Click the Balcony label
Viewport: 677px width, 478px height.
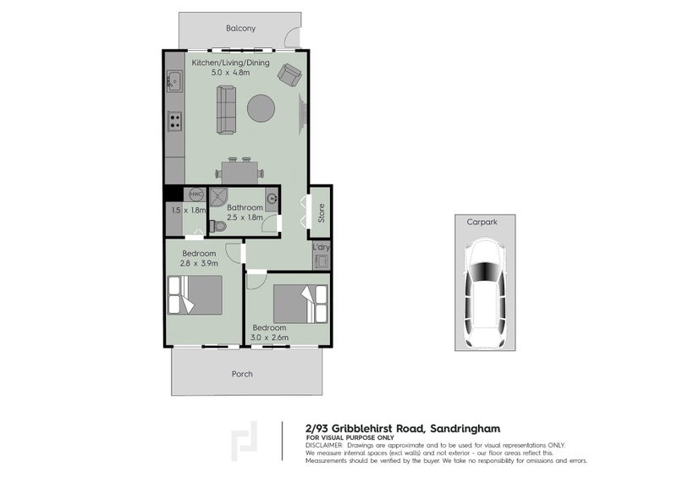[x=240, y=29]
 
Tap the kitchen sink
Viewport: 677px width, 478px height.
[x=174, y=80]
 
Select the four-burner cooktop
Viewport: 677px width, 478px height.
[x=175, y=120]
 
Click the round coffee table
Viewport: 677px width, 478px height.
[x=261, y=108]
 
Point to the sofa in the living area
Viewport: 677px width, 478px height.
[x=226, y=110]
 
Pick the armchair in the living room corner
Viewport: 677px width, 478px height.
[x=289, y=74]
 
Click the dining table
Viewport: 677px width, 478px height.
[x=240, y=173]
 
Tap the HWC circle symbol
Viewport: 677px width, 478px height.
[x=196, y=195]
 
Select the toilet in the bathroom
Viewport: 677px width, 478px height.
[x=217, y=226]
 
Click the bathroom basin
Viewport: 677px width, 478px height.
[x=272, y=199]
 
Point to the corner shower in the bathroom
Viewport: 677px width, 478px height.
[x=218, y=197]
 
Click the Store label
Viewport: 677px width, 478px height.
[x=322, y=213]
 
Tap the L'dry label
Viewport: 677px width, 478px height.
[x=321, y=247]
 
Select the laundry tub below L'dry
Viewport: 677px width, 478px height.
[x=322, y=261]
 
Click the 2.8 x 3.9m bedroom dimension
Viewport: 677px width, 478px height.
[x=199, y=263]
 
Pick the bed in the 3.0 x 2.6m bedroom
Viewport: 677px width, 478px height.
[x=300, y=304]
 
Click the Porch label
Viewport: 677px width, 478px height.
[x=242, y=375]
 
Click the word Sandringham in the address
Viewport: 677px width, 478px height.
[x=465, y=429]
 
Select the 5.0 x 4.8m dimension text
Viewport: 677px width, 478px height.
[x=230, y=73]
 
